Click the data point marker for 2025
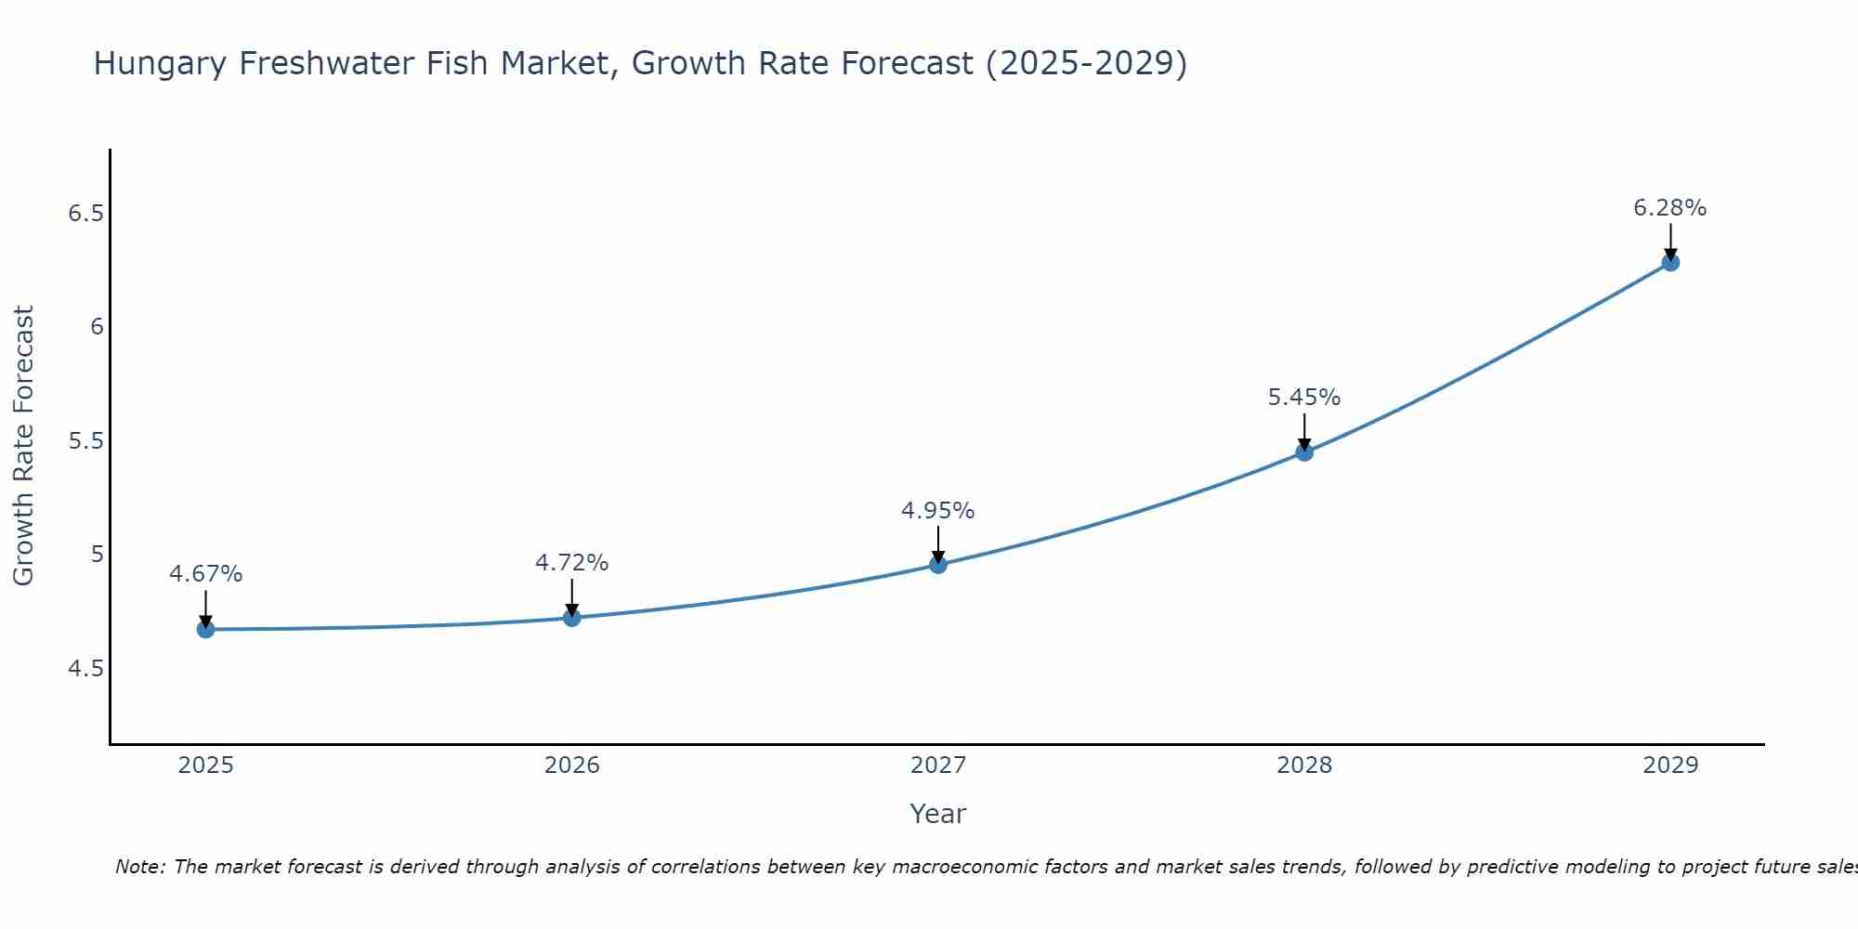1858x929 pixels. tap(205, 629)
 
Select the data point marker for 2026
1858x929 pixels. tap(572, 618)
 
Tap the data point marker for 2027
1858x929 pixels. tap(938, 564)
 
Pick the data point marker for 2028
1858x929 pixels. tap(1304, 452)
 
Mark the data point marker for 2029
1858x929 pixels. tap(1670, 262)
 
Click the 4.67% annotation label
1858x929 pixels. tap(205, 574)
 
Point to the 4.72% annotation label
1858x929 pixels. tap(572, 563)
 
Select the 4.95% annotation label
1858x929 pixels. tap(938, 511)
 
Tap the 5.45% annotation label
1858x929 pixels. tap(1304, 398)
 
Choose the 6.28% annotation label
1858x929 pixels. tap(1670, 208)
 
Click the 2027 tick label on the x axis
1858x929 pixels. tap(938, 765)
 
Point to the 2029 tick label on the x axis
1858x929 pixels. tap(1670, 765)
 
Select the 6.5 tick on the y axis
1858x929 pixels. tap(85, 214)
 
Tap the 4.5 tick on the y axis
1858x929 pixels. tap(85, 669)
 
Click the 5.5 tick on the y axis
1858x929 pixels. tap(85, 441)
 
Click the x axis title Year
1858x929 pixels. tap(938, 814)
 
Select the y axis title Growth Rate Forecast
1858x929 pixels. tap(23, 445)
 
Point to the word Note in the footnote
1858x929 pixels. tap(139, 867)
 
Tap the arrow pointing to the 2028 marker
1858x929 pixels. tap(1304, 432)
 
